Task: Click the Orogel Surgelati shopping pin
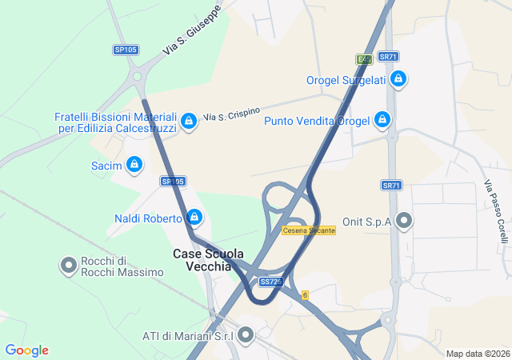[398, 79]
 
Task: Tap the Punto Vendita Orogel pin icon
[382, 121]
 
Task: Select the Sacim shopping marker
[134, 166]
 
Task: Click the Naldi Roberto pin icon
[194, 218]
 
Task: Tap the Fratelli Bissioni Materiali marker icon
[188, 122]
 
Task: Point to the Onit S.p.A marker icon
[404, 220]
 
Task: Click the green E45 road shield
[365, 58]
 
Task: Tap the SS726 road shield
[270, 282]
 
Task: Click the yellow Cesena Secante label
[309, 230]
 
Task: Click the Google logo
[26, 350]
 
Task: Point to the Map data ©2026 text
[478, 354]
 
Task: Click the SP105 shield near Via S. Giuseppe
[126, 50]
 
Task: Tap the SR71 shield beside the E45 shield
[389, 57]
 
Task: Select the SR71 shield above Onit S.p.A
[390, 186]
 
